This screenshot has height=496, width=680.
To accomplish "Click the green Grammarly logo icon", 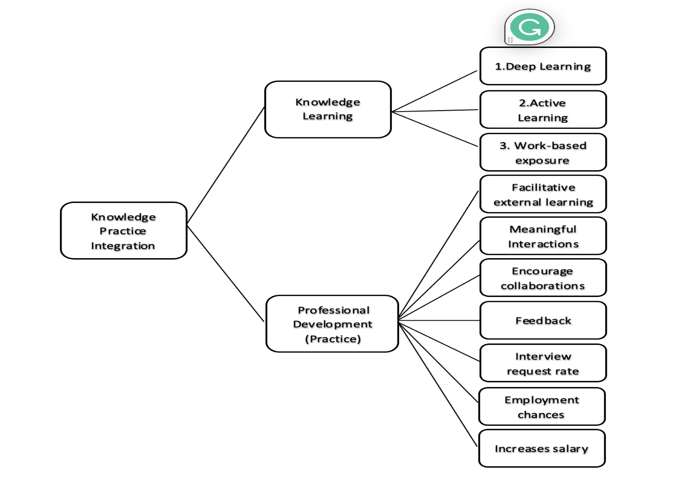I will (529, 27).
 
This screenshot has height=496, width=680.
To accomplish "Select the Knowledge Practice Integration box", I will (124, 231).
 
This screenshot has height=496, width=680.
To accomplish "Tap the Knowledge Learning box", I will (328, 109).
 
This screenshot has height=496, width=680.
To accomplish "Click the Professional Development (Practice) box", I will (332, 324).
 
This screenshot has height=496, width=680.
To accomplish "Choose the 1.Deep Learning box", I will (543, 66).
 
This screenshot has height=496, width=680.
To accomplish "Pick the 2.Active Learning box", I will (543, 110).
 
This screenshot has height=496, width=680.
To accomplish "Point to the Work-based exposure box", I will (543, 153).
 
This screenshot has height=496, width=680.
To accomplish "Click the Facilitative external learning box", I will (543, 194).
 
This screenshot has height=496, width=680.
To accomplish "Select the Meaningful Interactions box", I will (543, 236).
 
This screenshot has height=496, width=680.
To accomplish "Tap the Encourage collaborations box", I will (543, 278).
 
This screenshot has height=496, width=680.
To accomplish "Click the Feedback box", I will (543, 320).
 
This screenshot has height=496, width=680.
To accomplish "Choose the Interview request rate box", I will (543, 363).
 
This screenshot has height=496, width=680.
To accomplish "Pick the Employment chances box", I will (542, 407).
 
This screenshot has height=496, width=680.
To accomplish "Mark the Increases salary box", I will (542, 449).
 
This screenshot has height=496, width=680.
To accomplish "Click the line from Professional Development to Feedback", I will (439, 320).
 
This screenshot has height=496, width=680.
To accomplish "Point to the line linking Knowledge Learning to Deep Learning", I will (435, 91).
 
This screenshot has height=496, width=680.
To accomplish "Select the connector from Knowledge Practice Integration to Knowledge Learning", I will (226, 165).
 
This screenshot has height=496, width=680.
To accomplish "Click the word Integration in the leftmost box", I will (123, 246).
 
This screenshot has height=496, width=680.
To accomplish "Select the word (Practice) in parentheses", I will (333, 339).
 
